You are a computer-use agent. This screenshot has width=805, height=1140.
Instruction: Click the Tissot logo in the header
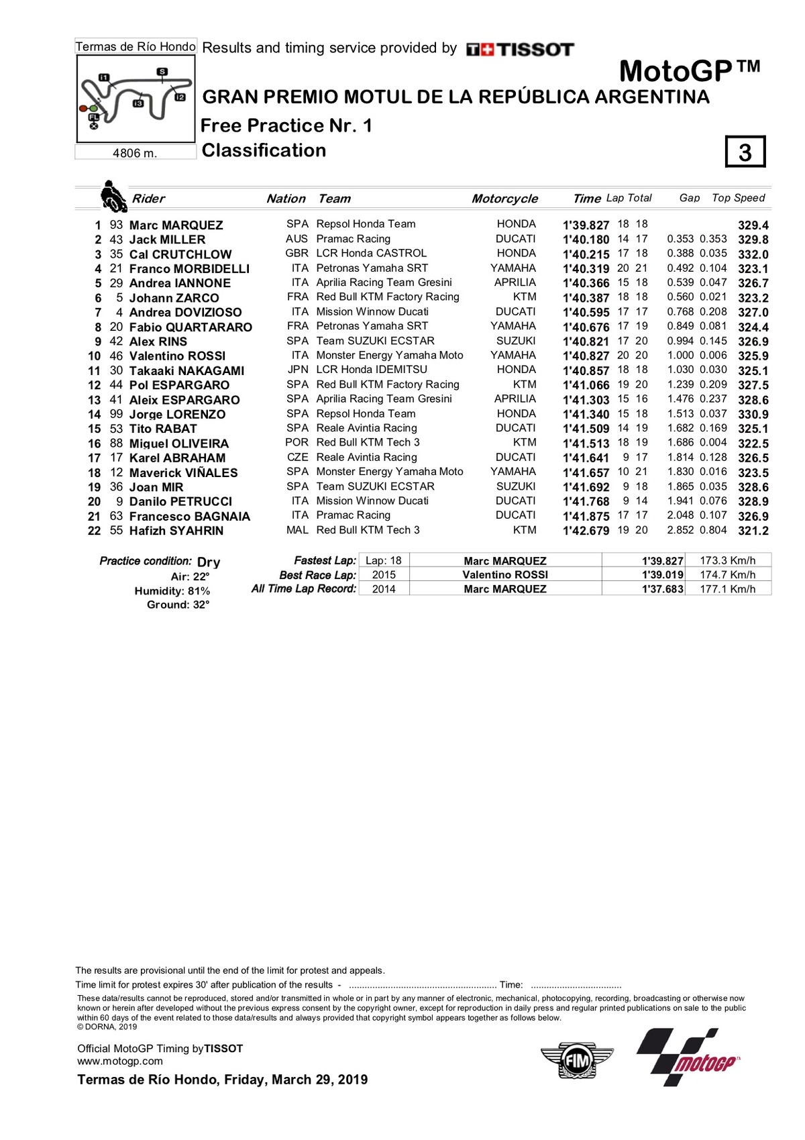pos(520,49)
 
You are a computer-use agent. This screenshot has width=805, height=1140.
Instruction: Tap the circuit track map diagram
pos(136,99)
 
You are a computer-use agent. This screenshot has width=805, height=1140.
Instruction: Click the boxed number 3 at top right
pos(745,152)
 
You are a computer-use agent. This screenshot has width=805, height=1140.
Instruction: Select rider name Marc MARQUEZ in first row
pos(176,225)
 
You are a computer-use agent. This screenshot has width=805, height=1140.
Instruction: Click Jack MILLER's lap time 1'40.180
pos(586,240)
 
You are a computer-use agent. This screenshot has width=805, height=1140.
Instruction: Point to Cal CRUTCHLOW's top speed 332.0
pos(753,254)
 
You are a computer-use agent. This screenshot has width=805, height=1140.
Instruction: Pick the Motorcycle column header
pos(504,199)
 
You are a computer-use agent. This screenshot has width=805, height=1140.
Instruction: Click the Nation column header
pos(286,199)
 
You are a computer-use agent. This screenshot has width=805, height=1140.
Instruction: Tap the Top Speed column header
pos(738,198)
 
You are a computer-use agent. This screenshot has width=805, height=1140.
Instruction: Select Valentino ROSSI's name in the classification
pos(177,356)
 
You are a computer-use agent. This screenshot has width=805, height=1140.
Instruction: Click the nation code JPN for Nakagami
pos(297,370)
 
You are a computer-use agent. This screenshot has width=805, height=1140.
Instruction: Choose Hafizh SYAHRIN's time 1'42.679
pos(586,531)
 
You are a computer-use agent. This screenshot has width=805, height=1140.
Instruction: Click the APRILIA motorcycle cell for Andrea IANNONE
pos(515,282)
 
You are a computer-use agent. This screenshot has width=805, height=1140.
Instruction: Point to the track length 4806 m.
pos(135,153)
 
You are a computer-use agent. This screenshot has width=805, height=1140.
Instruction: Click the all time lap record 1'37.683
pos(662,589)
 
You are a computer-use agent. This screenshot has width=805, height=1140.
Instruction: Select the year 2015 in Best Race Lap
pos(384,575)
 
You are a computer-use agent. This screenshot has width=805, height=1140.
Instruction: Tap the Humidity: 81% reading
pos(172,591)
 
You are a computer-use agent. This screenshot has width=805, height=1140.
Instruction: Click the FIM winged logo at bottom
pos(576,1061)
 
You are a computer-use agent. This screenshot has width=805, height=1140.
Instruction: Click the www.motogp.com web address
pos(120,1061)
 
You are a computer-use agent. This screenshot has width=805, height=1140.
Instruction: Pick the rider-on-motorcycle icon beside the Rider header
pos(113,196)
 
